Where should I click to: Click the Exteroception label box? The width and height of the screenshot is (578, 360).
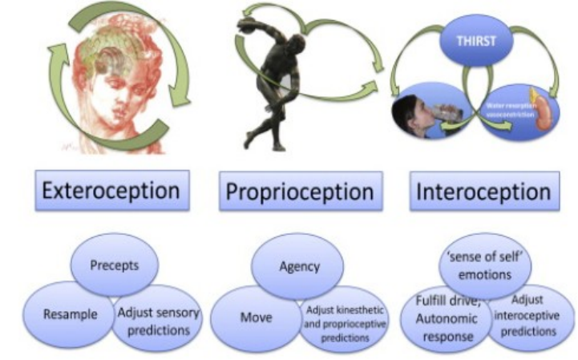[x=110, y=190]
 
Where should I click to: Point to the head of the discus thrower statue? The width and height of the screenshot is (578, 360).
[x=299, y=45]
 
